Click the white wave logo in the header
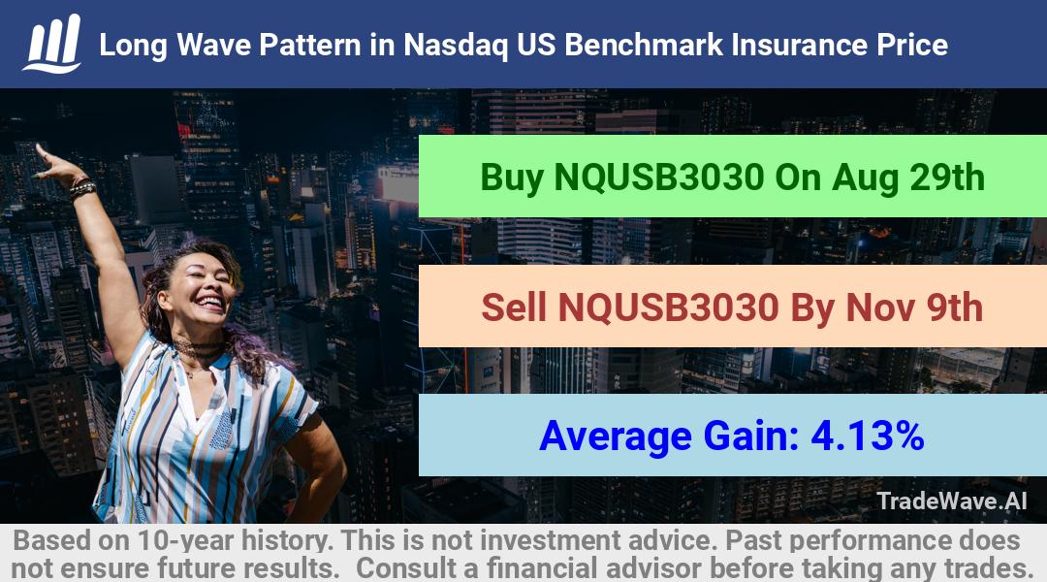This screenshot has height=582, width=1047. pyautogui.click(x=52, y=44)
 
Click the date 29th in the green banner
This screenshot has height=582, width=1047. pyautogui.click(x=947, y=178)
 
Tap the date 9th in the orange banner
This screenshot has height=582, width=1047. pyautogui.click(x=954, y=307)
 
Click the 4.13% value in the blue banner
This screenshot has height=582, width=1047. pyautogui.click(x=868, y=436)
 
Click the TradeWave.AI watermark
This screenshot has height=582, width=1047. pyautogui.click(x=952, y=501)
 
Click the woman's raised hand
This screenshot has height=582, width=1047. pyautogui.click(x=54, y=164)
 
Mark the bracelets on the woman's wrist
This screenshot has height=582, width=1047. pyautogui.click(x=82, y=188)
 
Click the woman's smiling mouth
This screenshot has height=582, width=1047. pyautogui.click(x=211, y=303)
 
